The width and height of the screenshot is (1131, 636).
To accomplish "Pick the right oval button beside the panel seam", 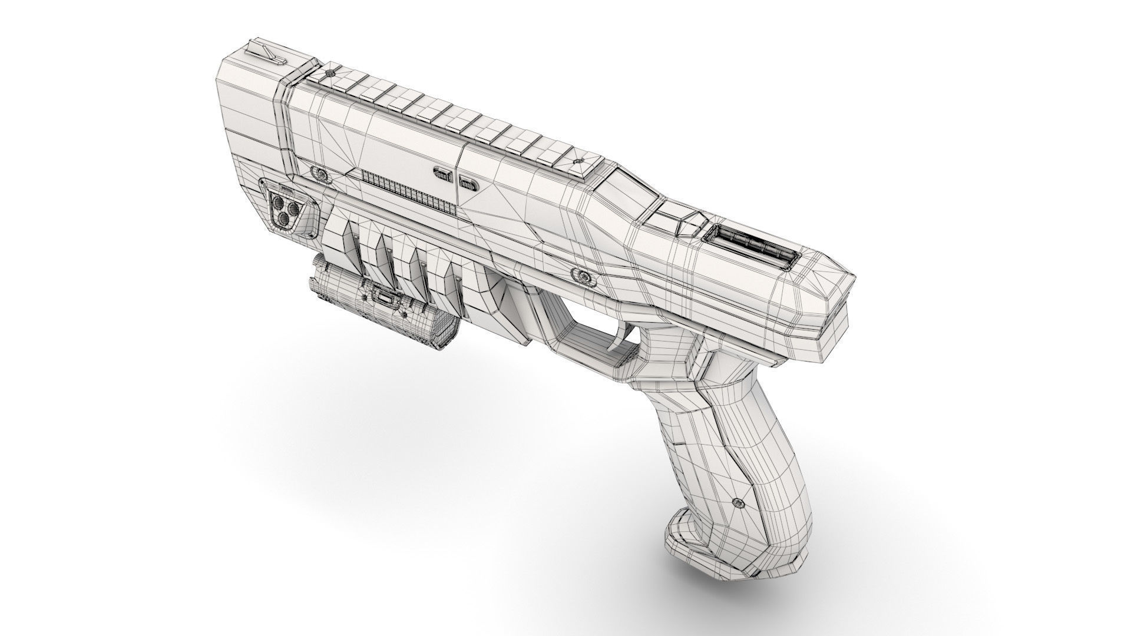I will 468,183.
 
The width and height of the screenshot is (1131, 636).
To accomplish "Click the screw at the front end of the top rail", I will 330,73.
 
